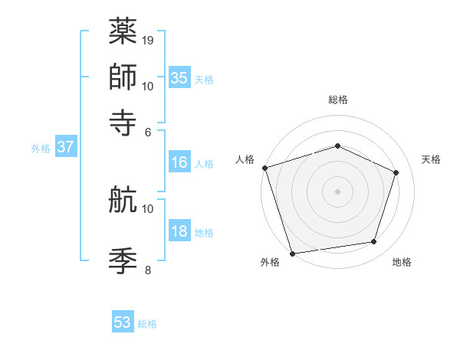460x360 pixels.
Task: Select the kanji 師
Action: point(123,77)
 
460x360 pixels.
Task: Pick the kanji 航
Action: point(123,200)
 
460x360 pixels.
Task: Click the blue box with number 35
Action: point(179,77)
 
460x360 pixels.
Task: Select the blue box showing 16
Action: point(179,162)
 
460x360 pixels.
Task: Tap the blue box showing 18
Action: point(179,232)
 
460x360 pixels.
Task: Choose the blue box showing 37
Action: point(66,147)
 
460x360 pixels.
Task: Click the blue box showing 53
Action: point(123,322)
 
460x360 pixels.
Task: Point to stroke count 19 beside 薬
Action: point(148,40)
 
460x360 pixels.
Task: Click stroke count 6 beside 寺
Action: point(148,131)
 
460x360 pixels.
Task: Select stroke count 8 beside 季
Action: point(148,269)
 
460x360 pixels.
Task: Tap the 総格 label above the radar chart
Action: point(338,100)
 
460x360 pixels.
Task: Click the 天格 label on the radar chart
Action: point(431,159)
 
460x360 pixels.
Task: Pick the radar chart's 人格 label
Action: point(245,159)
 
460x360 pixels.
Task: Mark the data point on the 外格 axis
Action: point(293,253)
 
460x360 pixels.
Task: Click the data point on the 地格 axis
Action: point(374,242)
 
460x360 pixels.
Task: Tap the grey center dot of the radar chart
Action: point(338,191)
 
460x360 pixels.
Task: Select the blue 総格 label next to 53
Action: point(148,324)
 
